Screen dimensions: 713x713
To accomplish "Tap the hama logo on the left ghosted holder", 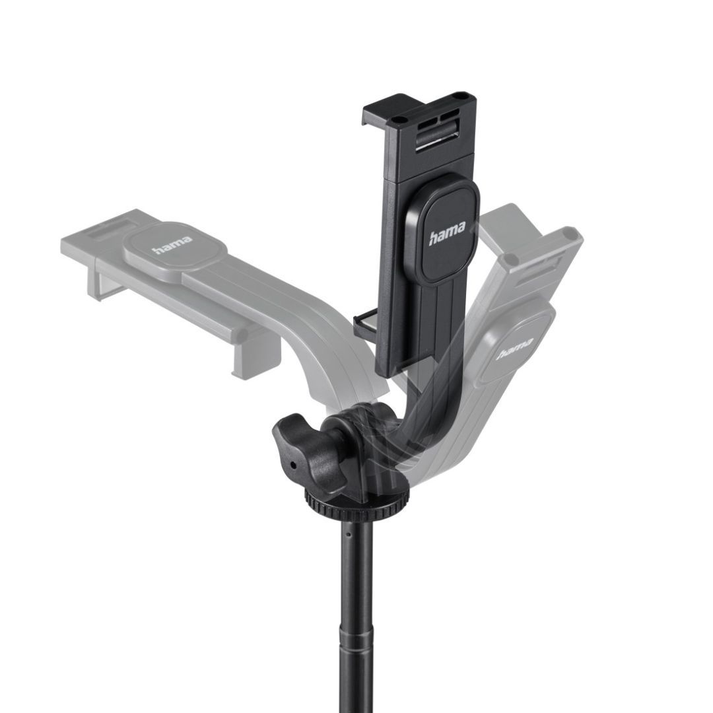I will (x=172, y=245).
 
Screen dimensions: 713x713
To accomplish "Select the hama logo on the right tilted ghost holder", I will (x=515, y=350).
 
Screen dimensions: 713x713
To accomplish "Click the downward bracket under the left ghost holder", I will (x=254, y=353).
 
